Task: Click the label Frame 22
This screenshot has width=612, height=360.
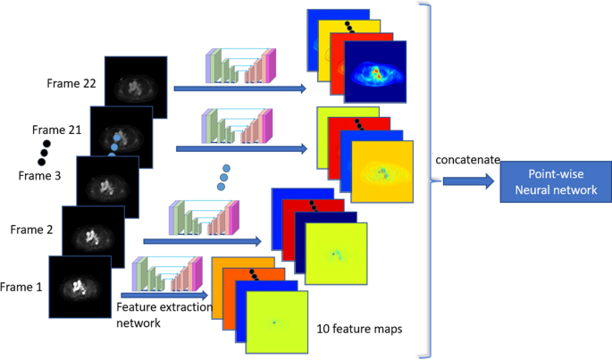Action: (71, 84)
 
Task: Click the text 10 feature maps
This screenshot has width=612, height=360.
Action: (359, 329)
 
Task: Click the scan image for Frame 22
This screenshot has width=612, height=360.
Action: (137, 87)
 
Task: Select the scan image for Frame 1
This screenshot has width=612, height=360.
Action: (80, 288)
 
